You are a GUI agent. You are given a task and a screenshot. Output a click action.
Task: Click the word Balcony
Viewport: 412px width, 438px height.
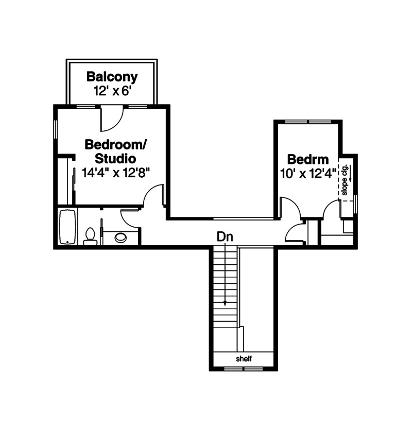112,77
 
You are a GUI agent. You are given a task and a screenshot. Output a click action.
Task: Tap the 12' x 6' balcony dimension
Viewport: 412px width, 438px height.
112,91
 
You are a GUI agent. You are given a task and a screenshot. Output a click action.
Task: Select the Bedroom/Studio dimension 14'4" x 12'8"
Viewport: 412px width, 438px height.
116,173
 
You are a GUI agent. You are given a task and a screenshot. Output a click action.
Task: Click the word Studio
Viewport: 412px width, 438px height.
115,159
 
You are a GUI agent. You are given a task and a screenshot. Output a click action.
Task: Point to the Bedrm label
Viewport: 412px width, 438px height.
308,160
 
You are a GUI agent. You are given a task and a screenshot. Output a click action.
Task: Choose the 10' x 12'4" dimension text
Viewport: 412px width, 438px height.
308,174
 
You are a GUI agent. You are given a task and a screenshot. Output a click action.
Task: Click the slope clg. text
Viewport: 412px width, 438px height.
345,180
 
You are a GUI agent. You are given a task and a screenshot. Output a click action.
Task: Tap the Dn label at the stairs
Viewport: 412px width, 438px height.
225,237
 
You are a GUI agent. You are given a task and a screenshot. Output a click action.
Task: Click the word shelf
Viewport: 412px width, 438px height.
244,359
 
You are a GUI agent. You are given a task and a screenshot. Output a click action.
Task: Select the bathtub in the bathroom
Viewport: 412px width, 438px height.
67,227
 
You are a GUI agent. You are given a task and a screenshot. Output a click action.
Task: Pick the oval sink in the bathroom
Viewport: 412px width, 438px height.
121,238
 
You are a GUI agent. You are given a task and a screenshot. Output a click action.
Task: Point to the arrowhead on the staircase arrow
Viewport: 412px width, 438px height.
225,304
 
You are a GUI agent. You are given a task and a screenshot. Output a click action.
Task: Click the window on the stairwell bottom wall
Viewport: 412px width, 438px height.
244,369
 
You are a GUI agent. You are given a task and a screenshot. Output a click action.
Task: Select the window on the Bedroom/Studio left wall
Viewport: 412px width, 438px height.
55,129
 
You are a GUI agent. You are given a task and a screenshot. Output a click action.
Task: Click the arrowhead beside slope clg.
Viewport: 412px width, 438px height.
350,180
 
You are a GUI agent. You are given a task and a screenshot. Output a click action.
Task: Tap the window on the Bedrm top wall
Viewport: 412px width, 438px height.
308,122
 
